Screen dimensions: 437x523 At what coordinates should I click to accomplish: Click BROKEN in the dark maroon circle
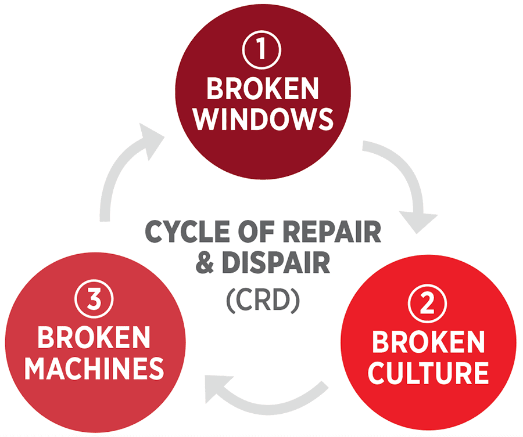263,88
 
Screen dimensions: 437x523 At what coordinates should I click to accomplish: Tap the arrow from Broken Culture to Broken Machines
267,395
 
